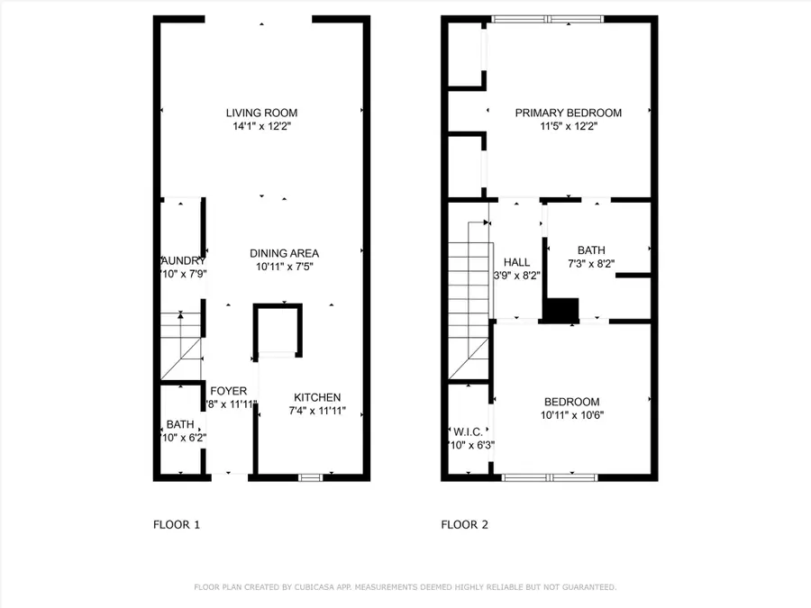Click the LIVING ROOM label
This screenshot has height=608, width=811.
coord(261,113)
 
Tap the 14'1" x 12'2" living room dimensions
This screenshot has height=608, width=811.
coord(261,127)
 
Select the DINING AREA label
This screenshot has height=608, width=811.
coord(284,253)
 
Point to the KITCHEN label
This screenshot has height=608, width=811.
coord(317,397)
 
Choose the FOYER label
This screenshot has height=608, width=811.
coord(229,391)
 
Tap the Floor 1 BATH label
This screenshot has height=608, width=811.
coord(179,424)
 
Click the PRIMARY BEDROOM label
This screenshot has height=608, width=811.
coord(568,113)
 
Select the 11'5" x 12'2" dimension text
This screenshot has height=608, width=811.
coord(568,127)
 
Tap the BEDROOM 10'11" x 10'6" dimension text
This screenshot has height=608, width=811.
coord(571,416)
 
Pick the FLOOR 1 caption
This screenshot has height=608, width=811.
coord(176,524)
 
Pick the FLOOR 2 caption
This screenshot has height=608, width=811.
coord(464,524)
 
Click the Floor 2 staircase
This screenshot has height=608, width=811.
coord(470,297)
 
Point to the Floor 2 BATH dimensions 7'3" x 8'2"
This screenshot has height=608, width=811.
coord(592,265)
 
